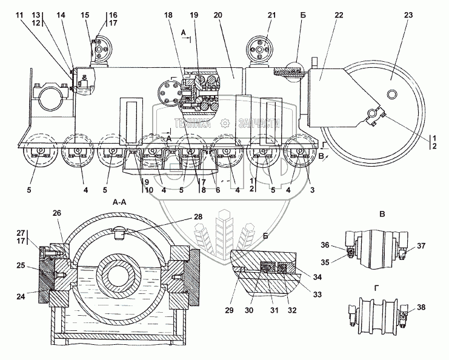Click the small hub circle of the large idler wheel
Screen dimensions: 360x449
[x=391, y=94]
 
